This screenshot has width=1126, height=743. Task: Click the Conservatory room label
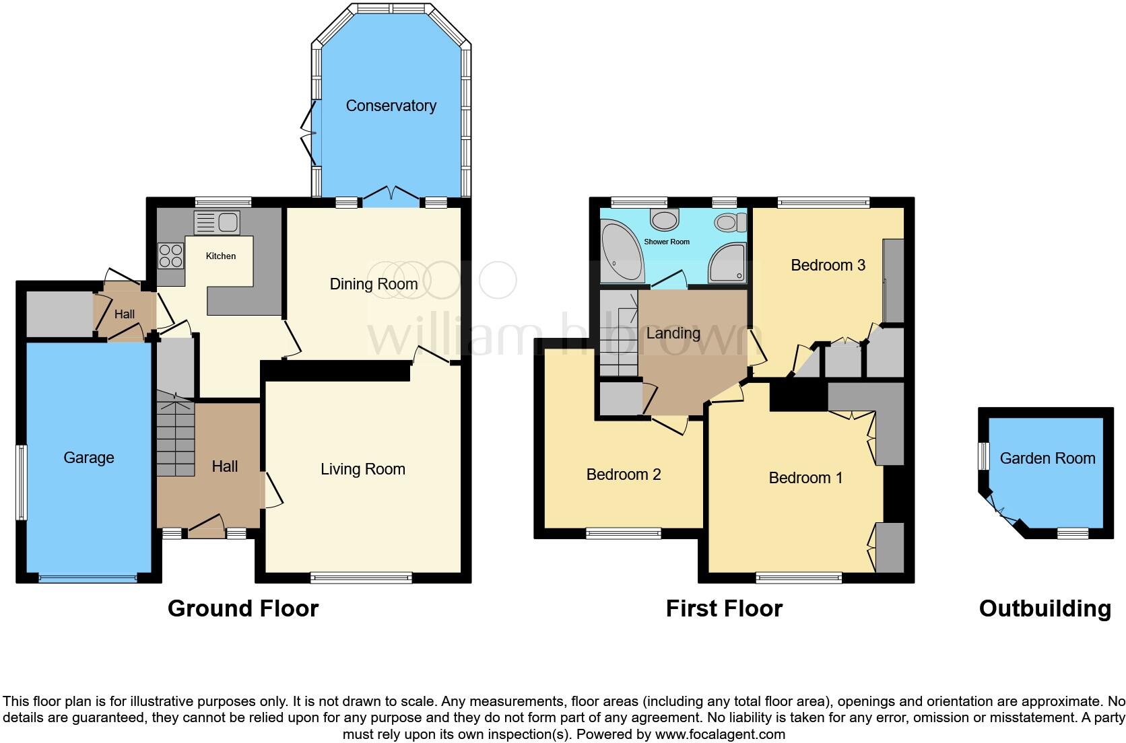pyautogui.click(x=391, y=106)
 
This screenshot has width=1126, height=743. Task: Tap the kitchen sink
pyautogui.click(x=216, y=221)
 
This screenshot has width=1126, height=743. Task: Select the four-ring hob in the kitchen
pyautogui.click(x=170, y=255)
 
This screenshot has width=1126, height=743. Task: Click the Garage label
pyautogui.click(x=89, y=458)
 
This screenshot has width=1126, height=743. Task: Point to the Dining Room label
pyautogui.click(x=373, y=284)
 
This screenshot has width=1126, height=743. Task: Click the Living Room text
pyautogui.click(x=362, y=469)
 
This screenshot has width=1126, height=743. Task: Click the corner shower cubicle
pyautogui.click(x=728, y=263)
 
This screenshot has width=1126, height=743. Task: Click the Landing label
pyautogui.click(x=673, y=333)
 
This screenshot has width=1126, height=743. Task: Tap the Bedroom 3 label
pyautogui.click(x=827, y=265)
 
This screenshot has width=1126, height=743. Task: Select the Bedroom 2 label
pyautogui.click(x=623, y=474)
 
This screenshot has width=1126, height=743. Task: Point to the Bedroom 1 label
pyautogui.click(x=805, y=478)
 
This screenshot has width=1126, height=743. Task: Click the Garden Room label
pyautogui.click(x=1047, y=458)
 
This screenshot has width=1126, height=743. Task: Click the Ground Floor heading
pyautogui.click(x=242, y=608)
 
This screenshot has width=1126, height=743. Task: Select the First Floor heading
pyautogui.click(x=724, y=608)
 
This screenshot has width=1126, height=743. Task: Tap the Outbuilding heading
pyautogui.click(x=1045, y=608)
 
